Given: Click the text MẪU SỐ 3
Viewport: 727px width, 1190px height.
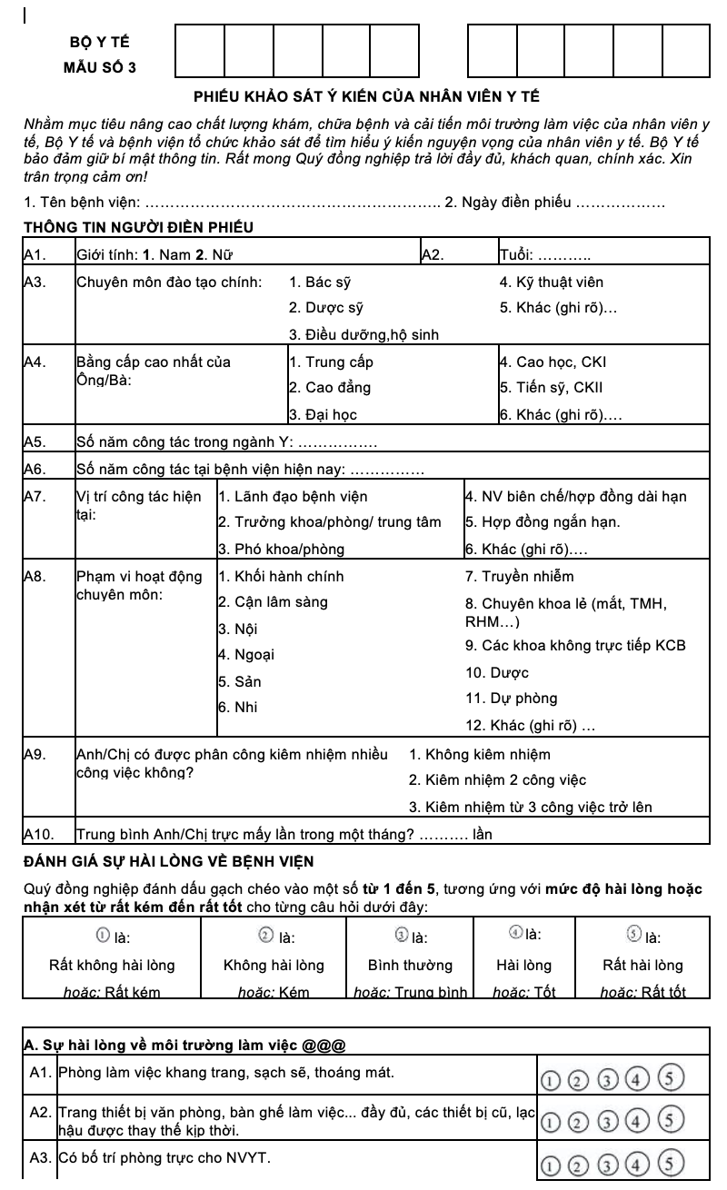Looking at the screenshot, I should pos(100,67).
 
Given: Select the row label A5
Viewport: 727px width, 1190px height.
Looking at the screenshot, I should pos(35,443).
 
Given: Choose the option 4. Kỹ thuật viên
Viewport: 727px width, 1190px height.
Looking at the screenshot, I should pos(552,283).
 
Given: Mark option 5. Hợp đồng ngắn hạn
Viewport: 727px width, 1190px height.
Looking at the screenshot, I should pos(543,522).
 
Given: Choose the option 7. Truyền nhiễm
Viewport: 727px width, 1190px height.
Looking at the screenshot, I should pos(519,577).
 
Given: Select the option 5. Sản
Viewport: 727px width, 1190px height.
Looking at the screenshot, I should pos(239,681).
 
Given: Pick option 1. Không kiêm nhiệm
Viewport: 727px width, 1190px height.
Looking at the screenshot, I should pos(479,755).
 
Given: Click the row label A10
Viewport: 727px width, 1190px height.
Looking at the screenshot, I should pos(38,834).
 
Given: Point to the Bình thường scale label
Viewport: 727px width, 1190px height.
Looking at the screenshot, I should pos(410,965).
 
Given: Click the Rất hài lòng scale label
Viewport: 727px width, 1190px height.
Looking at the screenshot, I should pos(642,965).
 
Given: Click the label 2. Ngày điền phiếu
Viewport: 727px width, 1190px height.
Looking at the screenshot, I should pos(507,202).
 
